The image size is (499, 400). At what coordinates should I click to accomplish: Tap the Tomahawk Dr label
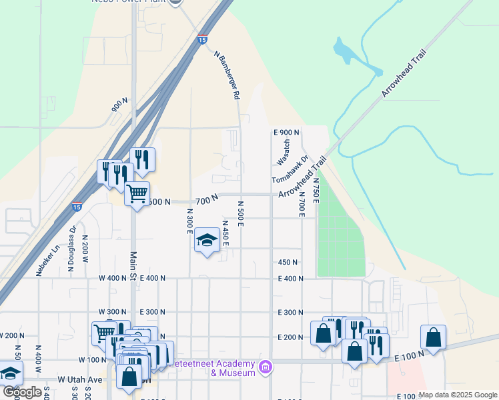289,170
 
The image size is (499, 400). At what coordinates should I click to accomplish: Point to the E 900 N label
288,133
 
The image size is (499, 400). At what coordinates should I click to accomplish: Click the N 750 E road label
317,192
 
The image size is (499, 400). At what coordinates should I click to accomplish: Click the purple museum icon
266,367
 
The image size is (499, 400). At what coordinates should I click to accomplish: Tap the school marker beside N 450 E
207,240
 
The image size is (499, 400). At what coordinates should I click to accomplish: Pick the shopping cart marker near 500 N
137,194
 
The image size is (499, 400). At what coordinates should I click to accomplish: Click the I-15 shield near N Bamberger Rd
201,41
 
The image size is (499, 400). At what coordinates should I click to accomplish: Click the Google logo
22,391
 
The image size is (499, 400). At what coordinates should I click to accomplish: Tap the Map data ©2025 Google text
458,395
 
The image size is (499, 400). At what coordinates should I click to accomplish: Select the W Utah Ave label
79,380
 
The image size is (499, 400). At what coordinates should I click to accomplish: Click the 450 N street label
287,263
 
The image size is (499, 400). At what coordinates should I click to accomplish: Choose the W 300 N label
112,312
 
